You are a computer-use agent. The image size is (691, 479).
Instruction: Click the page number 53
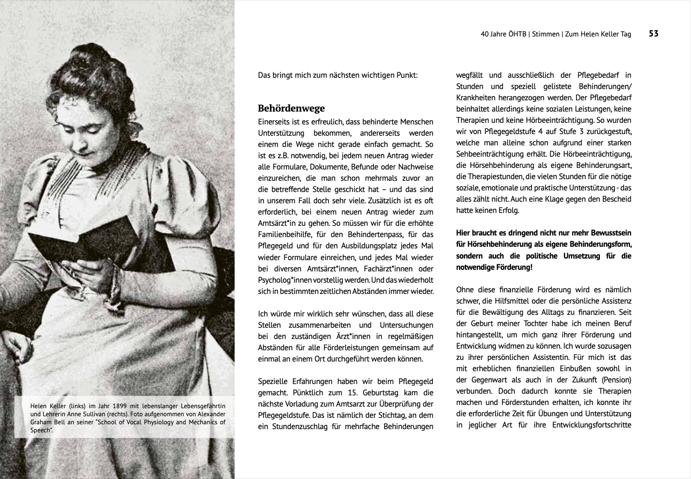coord(654,34)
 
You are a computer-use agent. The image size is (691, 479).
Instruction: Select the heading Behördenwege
coord(291,108)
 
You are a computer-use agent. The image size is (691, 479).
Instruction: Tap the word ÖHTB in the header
coord(516,34)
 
